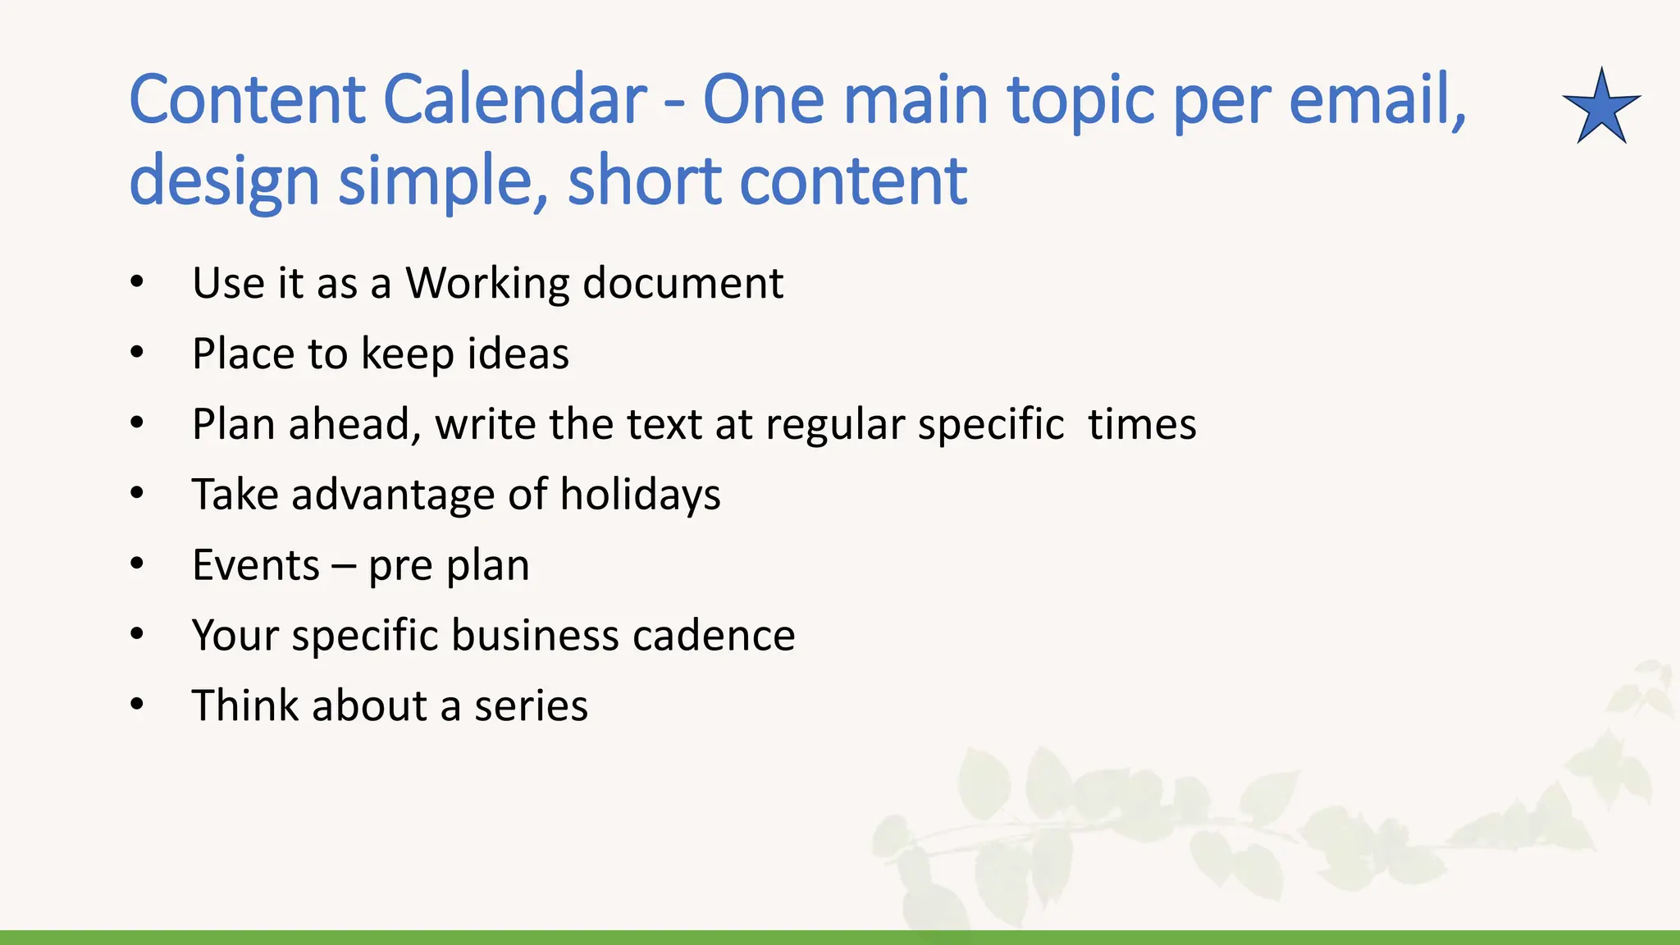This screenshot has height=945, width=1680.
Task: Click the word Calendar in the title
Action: click(x=515, y=99)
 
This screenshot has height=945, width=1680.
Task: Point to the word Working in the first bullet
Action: click(x=487, y=283)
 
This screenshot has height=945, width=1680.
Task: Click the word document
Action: click(x=682, y=283)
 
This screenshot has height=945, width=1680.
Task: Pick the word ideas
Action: click(x=518, y=354)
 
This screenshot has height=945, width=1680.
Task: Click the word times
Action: click(x=1142, y=425)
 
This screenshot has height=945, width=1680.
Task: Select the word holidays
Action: click(x=640, y=495)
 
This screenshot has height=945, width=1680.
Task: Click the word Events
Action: click(x=256, y=565)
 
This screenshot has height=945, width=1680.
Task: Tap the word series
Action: click(x=531, y=706)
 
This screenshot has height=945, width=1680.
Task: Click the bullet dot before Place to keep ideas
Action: click(x=137, y=354)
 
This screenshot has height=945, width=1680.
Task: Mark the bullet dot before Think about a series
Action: click(x=137, y=705)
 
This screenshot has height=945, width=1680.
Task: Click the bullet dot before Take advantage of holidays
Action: click(x=137, y=494)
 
